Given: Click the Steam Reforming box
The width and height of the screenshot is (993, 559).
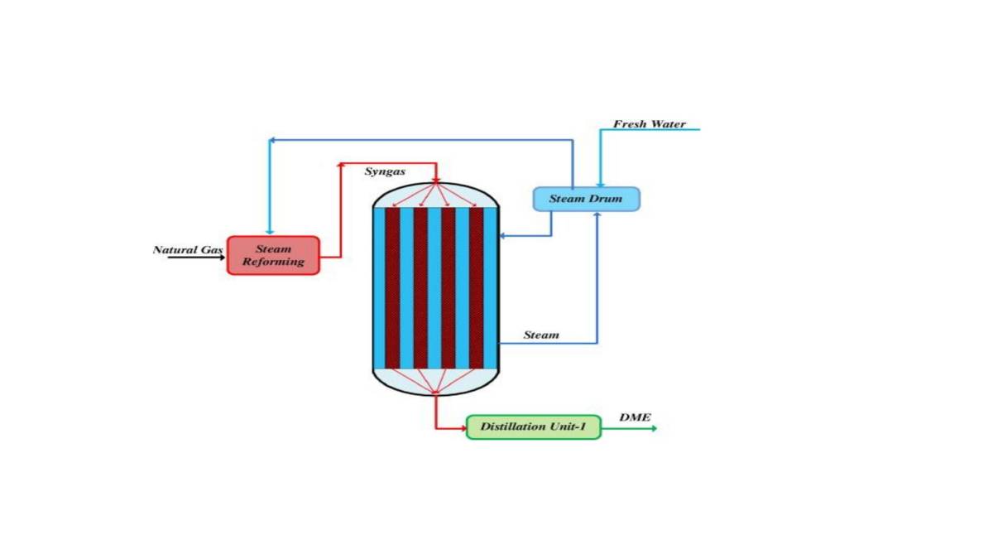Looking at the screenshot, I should pyautogui.click(x=273, y=255).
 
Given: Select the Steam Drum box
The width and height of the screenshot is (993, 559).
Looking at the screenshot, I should pyautogui.click(x=586, y=199).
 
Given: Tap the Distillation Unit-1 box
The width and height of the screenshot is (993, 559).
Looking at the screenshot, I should pyautogui.click(x=533, y=426).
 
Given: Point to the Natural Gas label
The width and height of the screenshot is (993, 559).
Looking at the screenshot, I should pyautogui.click(x=188, y=249).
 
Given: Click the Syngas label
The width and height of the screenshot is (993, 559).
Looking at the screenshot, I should pyautogui.click(x=385, y=171).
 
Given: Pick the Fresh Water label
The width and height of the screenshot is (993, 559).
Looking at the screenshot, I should pyautogui.click(x=649, y=124).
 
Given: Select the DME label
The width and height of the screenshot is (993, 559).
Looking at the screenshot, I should pyautogui.click(x=635, y=417).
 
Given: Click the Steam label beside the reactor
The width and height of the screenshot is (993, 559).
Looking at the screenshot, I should pyautogui.click(x=541, y=335).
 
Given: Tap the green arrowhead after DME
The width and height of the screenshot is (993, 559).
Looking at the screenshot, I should pyautogui.click(x=653, y=428).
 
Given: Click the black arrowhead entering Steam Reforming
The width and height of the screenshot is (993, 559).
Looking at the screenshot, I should pyautogui.click(x=221, y=258).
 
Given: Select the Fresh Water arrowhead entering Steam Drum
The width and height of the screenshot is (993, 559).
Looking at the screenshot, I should pyautogui.click(x=601, y=183).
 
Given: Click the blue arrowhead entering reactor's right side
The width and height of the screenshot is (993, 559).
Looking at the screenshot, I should pyautogui.click(x=502, y=237).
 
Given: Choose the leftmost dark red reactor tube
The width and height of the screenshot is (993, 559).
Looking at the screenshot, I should pyautogui.click(x=392, y=287).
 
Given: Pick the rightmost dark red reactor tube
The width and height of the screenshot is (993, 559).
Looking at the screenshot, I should pyautogui.click(x=476, y=287).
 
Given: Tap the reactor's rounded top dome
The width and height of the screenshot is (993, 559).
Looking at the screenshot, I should pyautogui.click(x=435, y=195).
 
